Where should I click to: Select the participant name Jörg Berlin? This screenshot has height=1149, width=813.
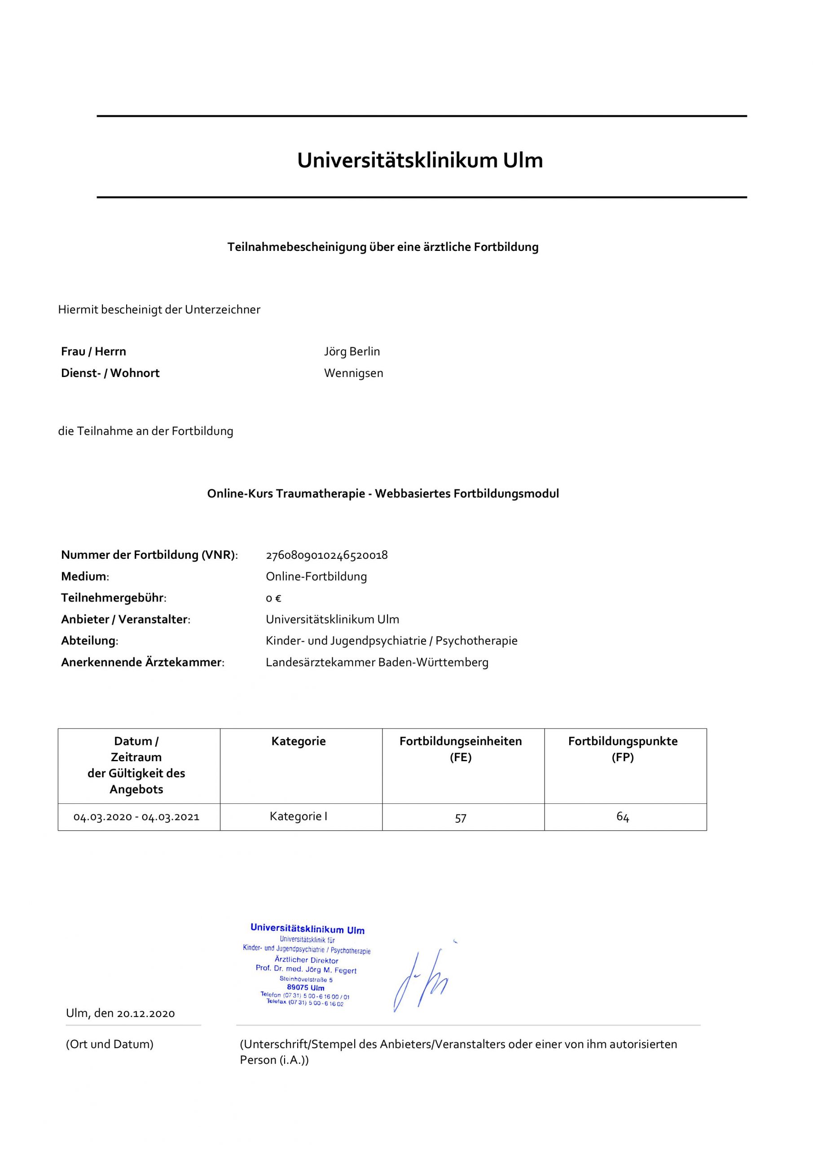352,351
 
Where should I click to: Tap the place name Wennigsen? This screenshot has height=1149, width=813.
353,373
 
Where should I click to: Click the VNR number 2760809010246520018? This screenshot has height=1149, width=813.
326,555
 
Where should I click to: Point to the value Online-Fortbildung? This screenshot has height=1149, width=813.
316,576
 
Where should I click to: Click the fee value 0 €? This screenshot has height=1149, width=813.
273,598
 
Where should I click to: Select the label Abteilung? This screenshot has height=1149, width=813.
89,640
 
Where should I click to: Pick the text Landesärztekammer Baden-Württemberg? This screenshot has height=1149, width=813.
377,662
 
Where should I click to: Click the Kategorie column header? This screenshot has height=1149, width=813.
299,741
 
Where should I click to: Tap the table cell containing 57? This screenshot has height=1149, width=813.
461,818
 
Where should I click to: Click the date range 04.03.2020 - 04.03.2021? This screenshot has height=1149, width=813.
136,817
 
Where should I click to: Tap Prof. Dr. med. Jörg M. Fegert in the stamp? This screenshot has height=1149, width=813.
306,969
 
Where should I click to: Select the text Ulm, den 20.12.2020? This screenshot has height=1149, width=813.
120,1013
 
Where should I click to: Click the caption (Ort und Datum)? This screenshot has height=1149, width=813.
110,1044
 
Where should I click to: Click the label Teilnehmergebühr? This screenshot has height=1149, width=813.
113,598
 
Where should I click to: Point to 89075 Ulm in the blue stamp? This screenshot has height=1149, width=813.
305,988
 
